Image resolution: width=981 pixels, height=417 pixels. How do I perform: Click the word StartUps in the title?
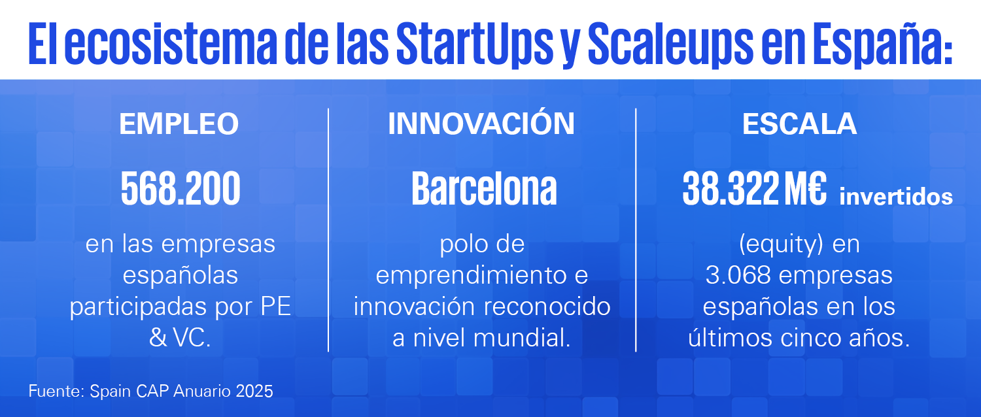pyautogui.click(x=475, y=44)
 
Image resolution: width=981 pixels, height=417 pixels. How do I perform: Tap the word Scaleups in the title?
pyautogui.click(x=670, y=44)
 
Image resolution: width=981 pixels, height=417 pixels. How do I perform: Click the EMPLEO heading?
pyautogui.click(x=179, y=124)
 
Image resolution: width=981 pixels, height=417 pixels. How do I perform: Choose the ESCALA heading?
pyautogui.click(x=799, y=124)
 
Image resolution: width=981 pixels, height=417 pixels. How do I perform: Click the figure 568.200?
pyautogui.click(x=181, y=188)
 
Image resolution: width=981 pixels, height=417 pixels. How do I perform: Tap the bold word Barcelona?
pyautogui.click(x=484, y=188)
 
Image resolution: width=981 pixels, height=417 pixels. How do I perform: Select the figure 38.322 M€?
pyautogui.click(x=754, y=188)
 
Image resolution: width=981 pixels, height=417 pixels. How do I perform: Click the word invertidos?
pyautogui.click(x=896, y=196)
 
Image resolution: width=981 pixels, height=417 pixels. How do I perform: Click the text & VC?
pyautogui.click(x=180, y=338)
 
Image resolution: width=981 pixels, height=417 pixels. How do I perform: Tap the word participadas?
pyautogui.click(x=139, y=307)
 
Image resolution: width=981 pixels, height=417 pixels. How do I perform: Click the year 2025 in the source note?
pyautogui.click(x=254, y=391)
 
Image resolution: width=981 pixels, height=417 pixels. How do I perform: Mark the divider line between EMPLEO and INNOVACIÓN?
pyautogui.click(x=328, y=229)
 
